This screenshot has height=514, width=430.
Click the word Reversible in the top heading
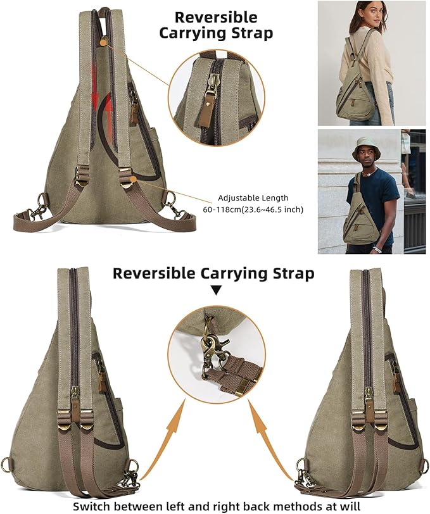click(216, 17)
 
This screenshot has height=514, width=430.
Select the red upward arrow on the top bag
click(108, 111)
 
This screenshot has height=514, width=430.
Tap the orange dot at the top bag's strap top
click(104, 42)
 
